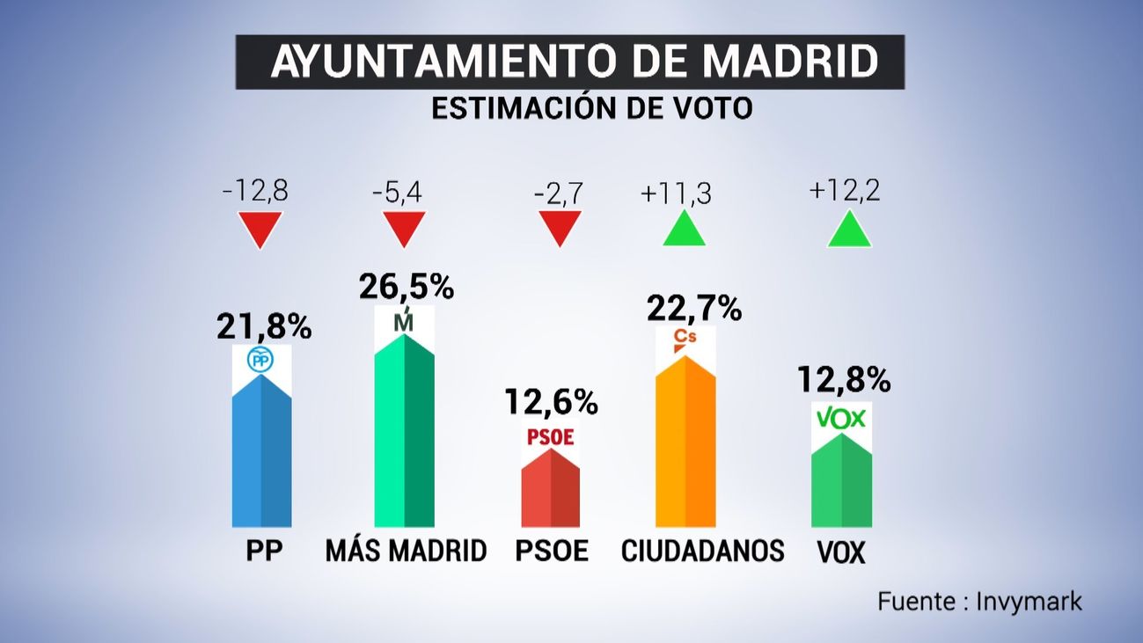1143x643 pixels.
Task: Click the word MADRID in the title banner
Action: pyautogui.click(x=792, y=62)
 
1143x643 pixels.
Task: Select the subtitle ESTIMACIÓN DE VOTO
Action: pyautogui.click(x=591, y=108)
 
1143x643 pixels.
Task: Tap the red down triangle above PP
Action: pyautogui.click(x=261, y=228)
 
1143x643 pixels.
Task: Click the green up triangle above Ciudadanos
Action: pyautogui.click(x=685, y=230)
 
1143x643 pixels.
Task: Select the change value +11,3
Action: pyautogui.click(x=675, y=193)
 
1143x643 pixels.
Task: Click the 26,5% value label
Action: pyautogui.click(x=406, y=287)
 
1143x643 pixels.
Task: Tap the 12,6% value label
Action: pyautogui.click(x=551, y=403)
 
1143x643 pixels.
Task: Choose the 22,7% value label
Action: pyautogui.click(x=694, y=309)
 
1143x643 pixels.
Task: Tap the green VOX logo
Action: pyautogui.click(x=841, y=419)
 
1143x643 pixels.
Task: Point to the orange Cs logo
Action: pyautogui.click(x=685, y=339)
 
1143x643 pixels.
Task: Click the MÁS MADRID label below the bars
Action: pyautogui.click(x=406, y=552)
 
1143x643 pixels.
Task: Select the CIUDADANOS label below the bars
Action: pyautogui.click(x=702, y=552)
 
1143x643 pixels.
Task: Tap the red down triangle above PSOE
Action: pyautogui.click(x=560, y=229)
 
